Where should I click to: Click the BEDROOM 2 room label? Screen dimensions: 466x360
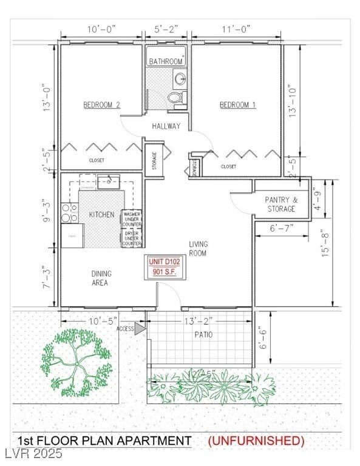pyautogui.click(x=101, y=105)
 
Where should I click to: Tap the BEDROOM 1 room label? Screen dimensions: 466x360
pyautogui.click(x=237, y=105)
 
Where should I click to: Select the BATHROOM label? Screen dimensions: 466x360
pyautogui.click(x=166, y=61)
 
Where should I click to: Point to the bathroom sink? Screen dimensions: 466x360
pyautogui.click(x=180, y=78)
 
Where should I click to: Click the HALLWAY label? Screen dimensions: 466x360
pyautogui.click(x=166, y=126)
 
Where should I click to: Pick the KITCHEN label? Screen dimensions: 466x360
pyautogui.click(x=101, y=215)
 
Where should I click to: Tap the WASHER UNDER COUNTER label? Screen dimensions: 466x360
pyautogui.click(x=132, y=218)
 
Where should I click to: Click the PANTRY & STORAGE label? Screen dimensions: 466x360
pyautogui.click(x=281, y=204)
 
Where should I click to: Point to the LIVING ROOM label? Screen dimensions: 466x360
pyautogui.click(x=198, y=247)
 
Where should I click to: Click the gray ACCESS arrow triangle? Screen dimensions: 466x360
pyautogui.click(x=140, y=328)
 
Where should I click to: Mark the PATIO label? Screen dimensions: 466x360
pyautogui.click(x=203, y=334)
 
